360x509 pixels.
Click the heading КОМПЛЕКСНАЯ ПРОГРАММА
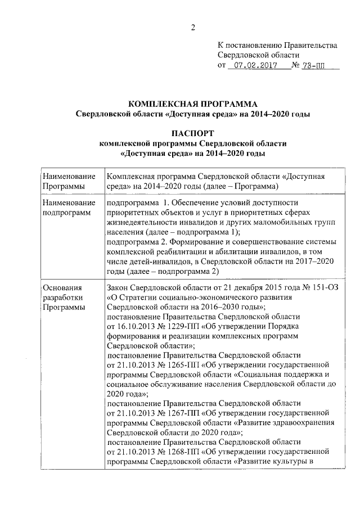click(x=193, y=104)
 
